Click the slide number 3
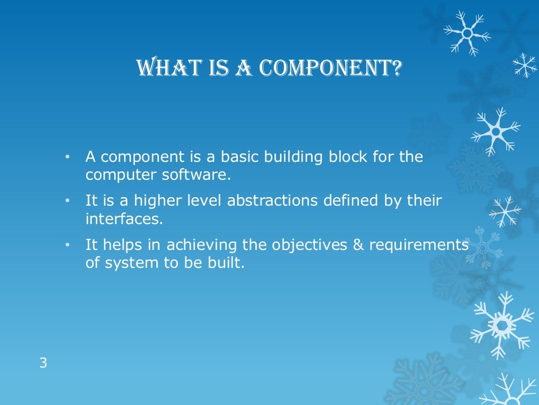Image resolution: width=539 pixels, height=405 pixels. (x=43, y=363)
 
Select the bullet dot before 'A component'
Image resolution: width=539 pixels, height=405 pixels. (x=67, y=158)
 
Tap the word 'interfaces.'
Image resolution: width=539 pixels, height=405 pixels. (x=124, y=219)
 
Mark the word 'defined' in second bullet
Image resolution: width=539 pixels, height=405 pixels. (x=354, y=201)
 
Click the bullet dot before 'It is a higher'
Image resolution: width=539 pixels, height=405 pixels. (x=67, y=201)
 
